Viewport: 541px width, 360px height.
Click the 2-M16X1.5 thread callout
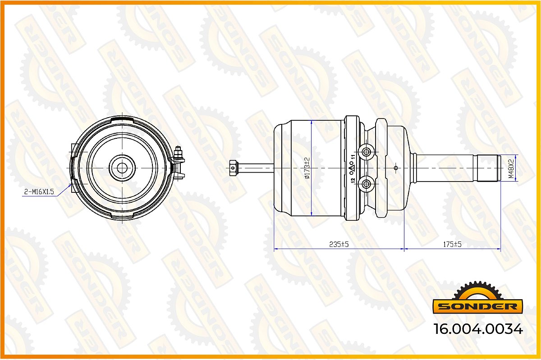point(39,192)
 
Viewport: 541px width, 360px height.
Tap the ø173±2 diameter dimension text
point(307,168)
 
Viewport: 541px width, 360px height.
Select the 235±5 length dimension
point(339,244)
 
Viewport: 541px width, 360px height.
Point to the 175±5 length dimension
point(452,244)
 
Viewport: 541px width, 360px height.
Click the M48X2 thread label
point(511,169)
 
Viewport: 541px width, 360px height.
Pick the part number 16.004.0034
point(478,329)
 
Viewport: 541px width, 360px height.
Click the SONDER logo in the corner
point(478,298)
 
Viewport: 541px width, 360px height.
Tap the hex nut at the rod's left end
point(233,168)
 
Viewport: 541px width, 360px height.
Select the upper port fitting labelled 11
point(366,152)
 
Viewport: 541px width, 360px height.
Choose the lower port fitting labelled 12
point(366,184)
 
